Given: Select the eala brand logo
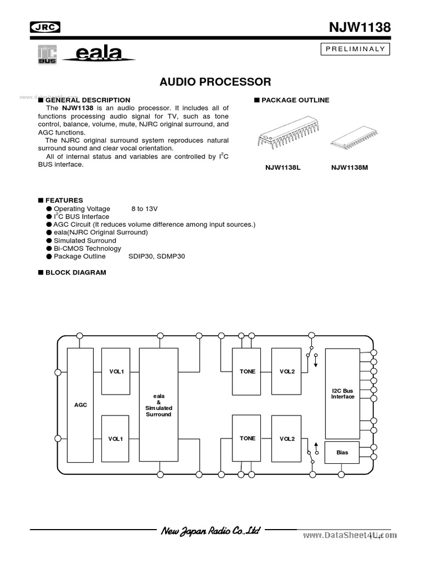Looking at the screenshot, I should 99,54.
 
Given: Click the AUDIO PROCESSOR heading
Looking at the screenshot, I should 215,82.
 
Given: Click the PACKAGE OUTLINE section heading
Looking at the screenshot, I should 295,100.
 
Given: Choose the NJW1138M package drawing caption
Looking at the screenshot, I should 349,168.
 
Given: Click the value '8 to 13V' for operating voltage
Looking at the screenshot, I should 145,209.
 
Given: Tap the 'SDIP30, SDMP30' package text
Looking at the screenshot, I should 157,256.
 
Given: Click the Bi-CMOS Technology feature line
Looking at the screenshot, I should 88,248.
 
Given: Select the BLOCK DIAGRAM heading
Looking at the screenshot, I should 75,272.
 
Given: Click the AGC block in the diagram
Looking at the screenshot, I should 81,404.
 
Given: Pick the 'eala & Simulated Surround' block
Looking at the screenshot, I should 159,404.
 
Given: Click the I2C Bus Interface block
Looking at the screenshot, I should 343,393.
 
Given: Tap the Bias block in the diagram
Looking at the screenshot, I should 342,452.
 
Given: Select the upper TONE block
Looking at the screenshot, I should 247,372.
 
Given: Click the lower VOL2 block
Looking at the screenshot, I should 287,439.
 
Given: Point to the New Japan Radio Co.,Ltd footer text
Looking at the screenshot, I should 210,531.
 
